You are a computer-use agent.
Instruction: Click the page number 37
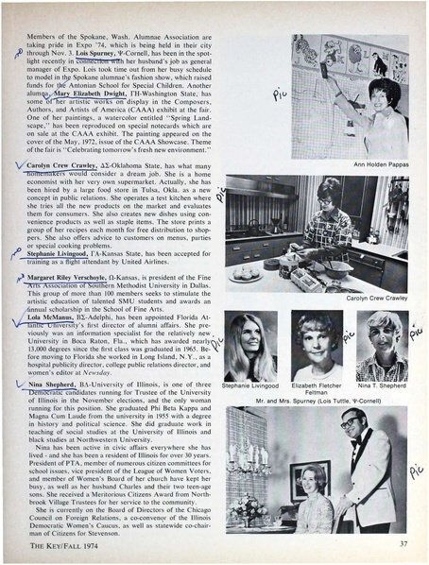(x=403, y=543)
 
